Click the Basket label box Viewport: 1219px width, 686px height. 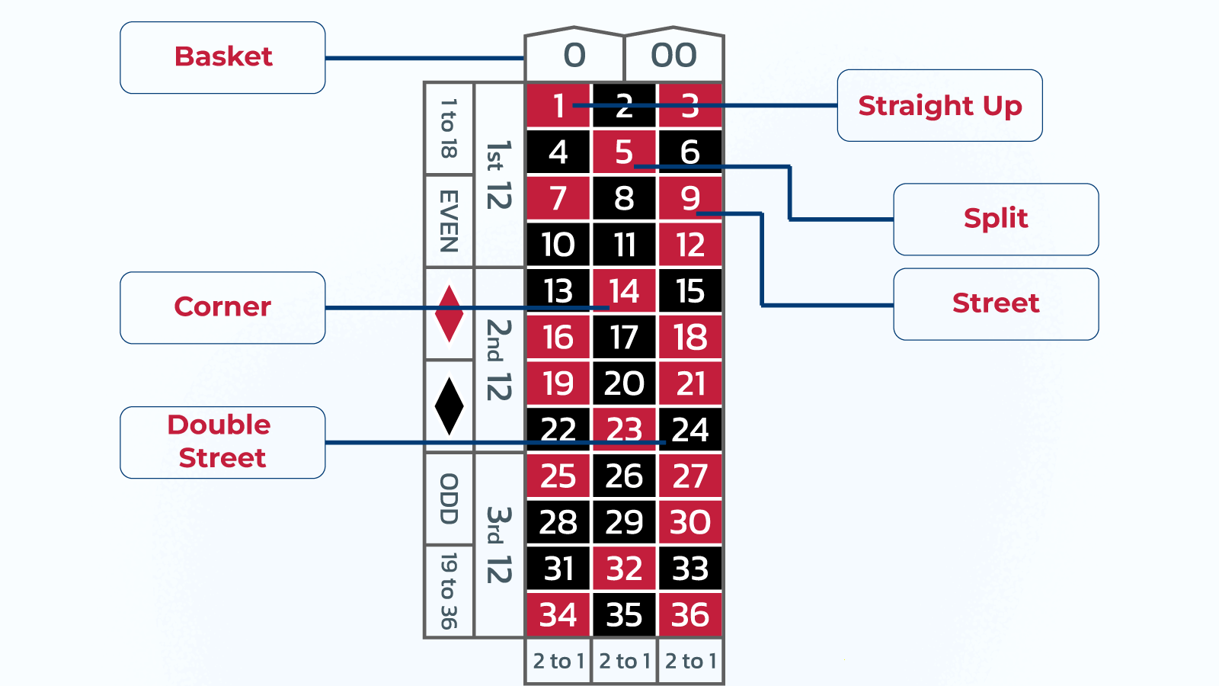pos(222,57)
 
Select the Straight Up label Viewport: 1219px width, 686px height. pos(939,105)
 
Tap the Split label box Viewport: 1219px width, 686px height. pos(996,219)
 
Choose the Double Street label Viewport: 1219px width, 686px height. pos(222,442)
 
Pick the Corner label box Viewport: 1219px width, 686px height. pos(222,307)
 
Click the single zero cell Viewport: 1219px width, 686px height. pos(574,56)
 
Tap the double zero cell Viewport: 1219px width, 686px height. pos(673,56)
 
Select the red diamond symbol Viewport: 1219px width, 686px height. pos(449,313)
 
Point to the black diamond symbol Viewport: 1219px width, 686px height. pos(449,406)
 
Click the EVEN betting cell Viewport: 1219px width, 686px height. pos(449,221)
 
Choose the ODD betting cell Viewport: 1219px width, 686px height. pos(449,498)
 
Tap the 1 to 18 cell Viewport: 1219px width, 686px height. pos(449,128)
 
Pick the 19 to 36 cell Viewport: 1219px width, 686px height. pos(449,591)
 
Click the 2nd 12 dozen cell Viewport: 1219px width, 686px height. pos(499,360)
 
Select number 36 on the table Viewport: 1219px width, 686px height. pos(690,614)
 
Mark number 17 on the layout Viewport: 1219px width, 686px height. pos(624,337)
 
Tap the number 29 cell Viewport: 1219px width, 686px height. pos(624,522)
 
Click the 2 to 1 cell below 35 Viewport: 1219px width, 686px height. pos(624,661)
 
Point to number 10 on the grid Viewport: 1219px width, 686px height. pos(558,245)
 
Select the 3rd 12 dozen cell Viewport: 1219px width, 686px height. pos(499,545)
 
